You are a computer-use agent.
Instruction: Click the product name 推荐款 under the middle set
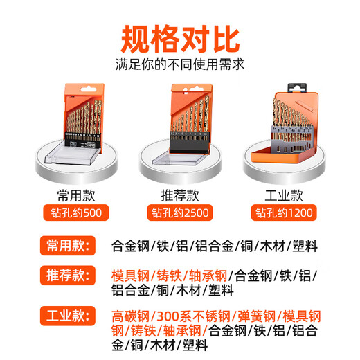click(x=180, y=196)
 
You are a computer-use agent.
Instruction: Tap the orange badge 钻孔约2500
click(x=180, y=213)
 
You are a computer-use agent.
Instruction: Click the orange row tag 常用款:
click(x=67, y=245)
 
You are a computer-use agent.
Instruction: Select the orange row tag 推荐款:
click(x=67, y=276)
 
